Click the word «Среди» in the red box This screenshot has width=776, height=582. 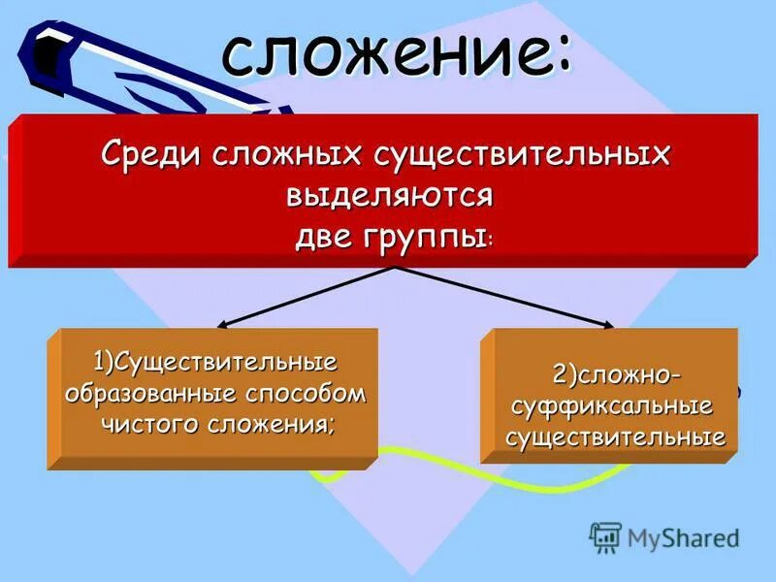coord(146,155)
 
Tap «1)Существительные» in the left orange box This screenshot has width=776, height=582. coord(214,363)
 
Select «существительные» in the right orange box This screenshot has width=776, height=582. coord(615,437)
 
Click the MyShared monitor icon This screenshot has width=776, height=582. coord(606,536)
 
